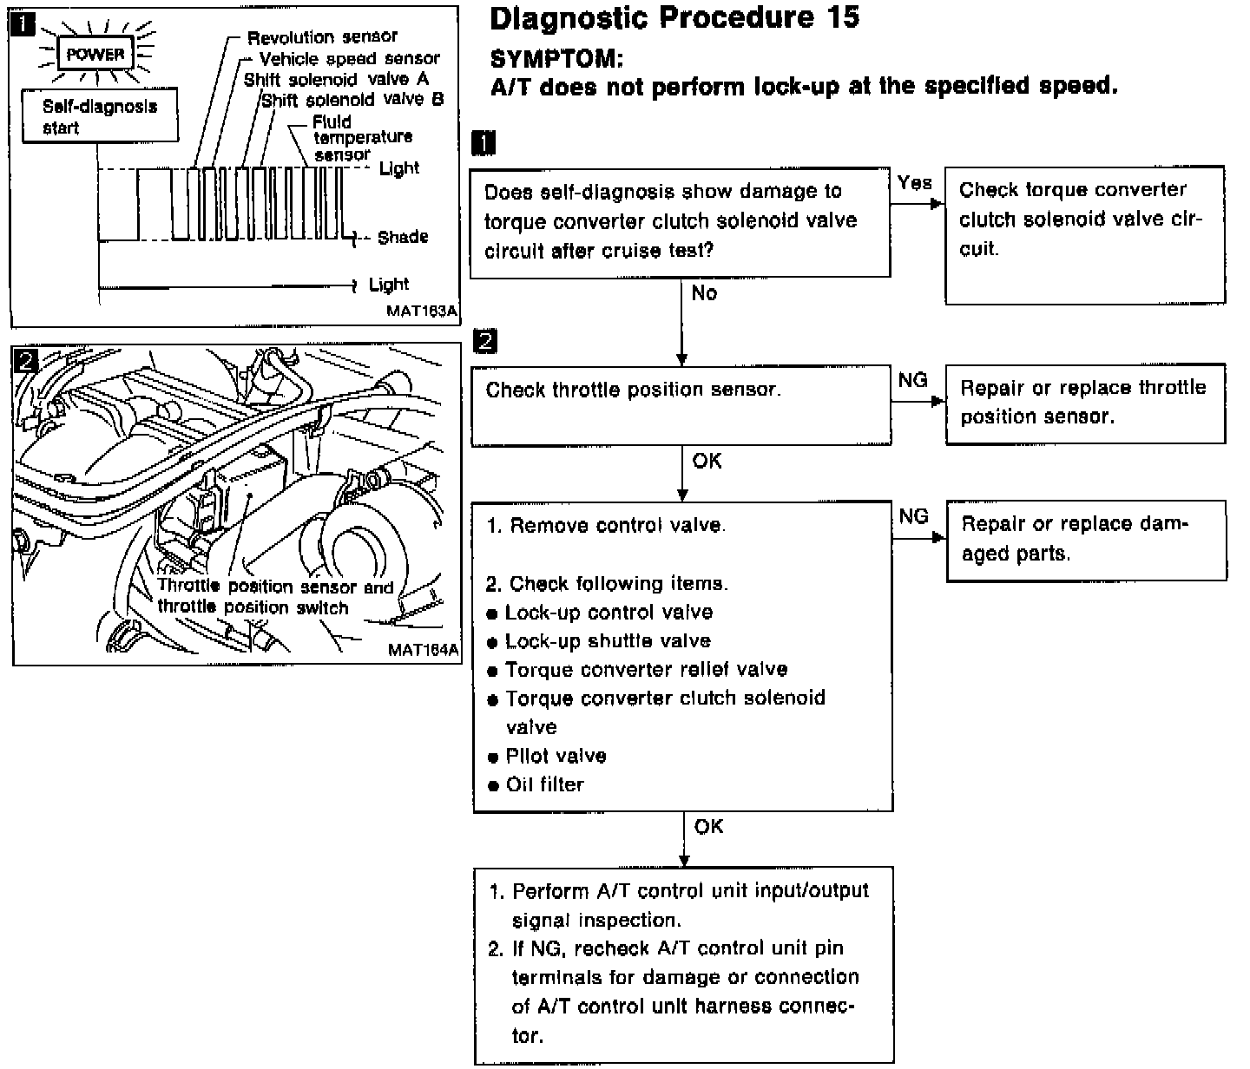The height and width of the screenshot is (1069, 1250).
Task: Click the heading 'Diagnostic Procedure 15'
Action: [x=674, y=18]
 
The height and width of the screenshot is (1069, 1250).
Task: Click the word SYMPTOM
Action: [x=556, y=59]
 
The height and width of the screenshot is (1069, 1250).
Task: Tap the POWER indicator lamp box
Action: [x=95, y=55]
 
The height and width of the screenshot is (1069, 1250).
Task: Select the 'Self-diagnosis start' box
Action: [x=100, y=116]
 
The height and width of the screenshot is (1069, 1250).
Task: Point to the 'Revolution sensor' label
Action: [x=322, y=37]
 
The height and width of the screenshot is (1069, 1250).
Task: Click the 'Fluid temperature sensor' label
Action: [x=362, y=138]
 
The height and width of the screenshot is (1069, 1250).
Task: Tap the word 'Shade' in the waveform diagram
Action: [x=403, y=237]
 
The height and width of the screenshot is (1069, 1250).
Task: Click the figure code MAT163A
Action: [x=423, y=310]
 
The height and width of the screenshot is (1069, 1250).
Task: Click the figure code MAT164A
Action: [x=424, y=649]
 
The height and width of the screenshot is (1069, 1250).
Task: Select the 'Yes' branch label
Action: [x=915, y=183]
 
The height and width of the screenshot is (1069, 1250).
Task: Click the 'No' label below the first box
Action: [x=704, y=293]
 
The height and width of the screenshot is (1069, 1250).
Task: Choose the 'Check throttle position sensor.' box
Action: [x=681, y=405]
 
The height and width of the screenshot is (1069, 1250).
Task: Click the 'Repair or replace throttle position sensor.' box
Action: [x=1084, y=403]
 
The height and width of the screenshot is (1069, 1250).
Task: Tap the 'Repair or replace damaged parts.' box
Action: [x=1085, y=540]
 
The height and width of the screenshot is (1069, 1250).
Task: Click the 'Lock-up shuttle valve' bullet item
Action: [x=607, y=641]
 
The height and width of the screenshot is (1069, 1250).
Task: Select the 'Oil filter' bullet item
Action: [x=544, y=784]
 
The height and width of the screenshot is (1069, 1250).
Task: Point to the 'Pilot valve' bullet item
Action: [x=556, y=756]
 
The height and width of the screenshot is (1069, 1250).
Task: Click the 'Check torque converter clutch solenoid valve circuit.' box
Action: [x=1084, y=234]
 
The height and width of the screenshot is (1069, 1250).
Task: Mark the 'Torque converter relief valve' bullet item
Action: [x=646, y=670]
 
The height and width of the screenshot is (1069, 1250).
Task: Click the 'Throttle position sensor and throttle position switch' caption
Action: [x=275, y=597]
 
